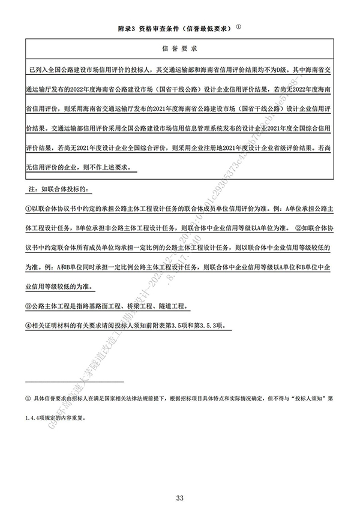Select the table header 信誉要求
[180, 47]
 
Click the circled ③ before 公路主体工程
[28, 306]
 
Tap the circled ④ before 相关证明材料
[28, 326]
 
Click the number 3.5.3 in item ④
[207, 326]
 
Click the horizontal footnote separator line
[74, 381]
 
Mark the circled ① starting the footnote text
[28, 398]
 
